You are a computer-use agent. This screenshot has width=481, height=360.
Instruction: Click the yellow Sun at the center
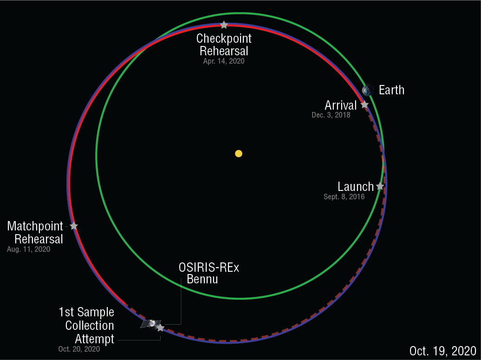point(239,153)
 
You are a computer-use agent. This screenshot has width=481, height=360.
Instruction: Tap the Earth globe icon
point(368,90)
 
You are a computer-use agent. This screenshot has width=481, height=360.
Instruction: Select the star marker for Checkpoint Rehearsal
point(224,25)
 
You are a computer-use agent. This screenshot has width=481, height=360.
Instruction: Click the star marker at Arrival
point(364,105)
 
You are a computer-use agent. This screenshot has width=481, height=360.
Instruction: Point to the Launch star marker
point(380,186)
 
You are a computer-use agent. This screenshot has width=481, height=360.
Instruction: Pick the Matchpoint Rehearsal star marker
point(73,226)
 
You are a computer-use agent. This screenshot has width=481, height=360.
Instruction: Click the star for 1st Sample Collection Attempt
point(160,327)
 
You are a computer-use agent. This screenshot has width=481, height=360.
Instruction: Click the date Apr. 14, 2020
point(223,61)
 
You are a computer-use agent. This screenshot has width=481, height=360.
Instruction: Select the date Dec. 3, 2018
point(331,115)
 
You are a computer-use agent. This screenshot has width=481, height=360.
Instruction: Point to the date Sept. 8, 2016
point(344,197)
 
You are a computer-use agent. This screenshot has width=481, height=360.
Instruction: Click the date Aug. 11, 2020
point(28,249)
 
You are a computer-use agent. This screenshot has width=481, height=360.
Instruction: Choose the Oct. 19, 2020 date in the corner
point(442,351)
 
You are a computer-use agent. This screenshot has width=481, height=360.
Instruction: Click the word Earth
point(391,90)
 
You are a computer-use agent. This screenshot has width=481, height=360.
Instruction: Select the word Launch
point(355,187)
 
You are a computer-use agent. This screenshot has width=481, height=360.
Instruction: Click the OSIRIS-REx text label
point(209,268)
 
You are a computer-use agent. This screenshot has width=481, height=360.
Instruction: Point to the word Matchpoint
point(35,226)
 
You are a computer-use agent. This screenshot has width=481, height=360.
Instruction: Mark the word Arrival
point(340,105)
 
